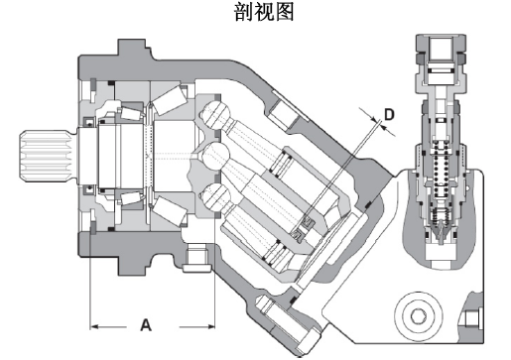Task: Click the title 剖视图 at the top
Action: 264,12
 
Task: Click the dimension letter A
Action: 146,325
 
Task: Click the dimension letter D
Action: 389,114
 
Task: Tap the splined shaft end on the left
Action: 46,156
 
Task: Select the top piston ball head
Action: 215,114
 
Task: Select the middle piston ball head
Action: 216,155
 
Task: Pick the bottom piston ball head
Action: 216,196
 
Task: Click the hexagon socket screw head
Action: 418,315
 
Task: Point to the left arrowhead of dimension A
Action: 94,326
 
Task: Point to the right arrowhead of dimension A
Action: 211,326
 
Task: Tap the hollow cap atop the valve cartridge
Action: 440,58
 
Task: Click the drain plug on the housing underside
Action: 197,257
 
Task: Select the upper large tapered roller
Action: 170,99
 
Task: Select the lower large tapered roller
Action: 170,211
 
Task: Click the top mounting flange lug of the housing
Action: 132,49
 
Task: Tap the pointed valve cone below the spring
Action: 441,231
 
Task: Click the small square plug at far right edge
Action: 471,319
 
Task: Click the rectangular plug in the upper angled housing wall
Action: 283,114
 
